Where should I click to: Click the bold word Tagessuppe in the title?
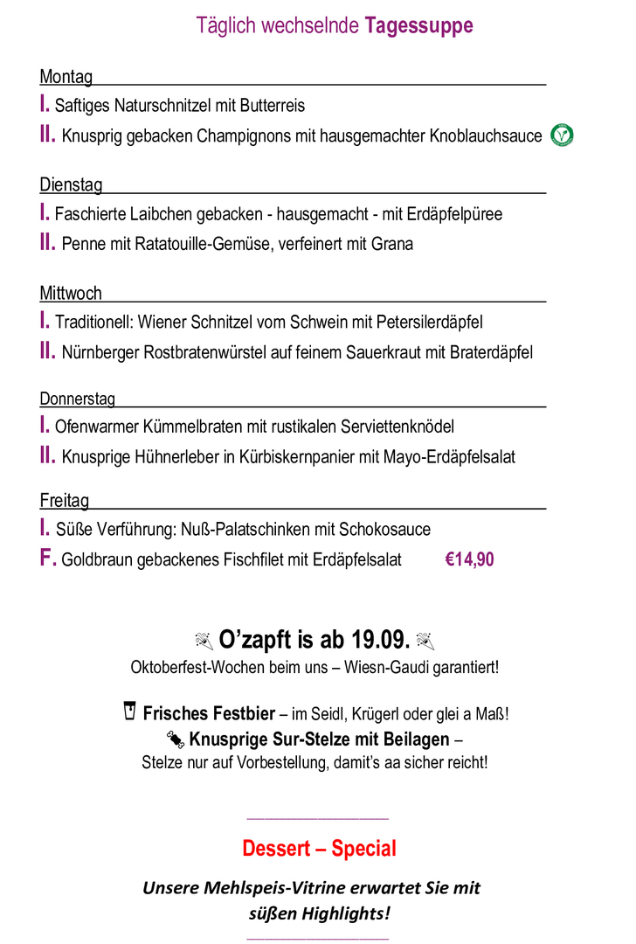tap(418, 26)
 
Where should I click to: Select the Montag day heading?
tap(66, 77)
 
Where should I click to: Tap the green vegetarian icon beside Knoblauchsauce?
tap(562, 135)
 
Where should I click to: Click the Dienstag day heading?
tap(71, 185)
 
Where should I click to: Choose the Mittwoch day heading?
tap(71, 293)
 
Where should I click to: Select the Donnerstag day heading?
tap(77, 399)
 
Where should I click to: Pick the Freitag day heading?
tap(64, 501)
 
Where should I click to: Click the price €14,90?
tap(469, 559)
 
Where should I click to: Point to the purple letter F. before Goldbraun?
tap(48, 559)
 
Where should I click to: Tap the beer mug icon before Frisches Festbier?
tap(130, 711)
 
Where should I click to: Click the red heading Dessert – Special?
tap(319, 849)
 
